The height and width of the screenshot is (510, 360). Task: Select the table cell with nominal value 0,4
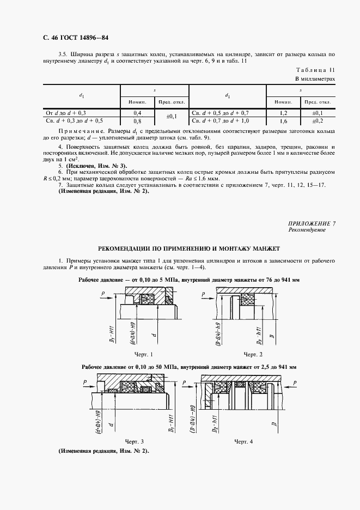click(x=137, y=112)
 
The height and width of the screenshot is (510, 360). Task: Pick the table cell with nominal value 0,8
click(x=137, y=120)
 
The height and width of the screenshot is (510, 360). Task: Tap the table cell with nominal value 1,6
click(x=283, y=120)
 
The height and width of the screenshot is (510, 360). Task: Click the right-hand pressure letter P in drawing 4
click(x=295, y=384)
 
